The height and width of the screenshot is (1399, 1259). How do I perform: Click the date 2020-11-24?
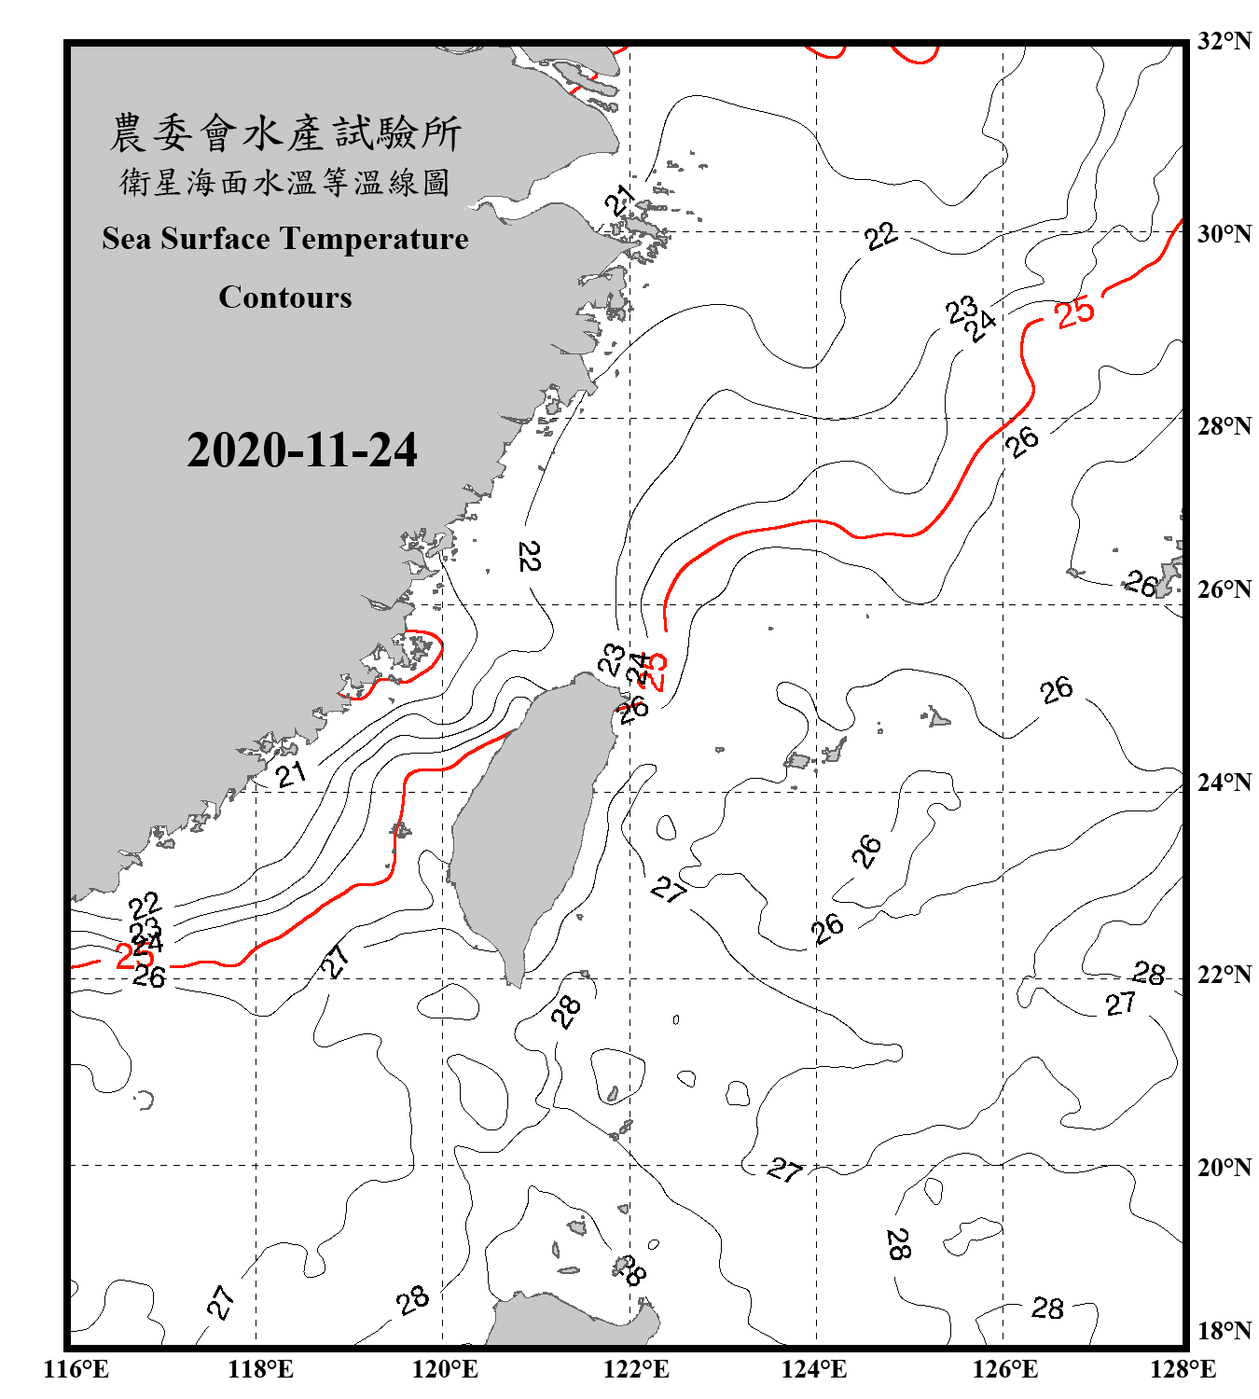point(301,450)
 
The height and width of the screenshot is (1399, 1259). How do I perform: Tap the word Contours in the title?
point(285,297)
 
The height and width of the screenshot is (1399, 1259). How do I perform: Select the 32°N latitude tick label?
point(1224,41)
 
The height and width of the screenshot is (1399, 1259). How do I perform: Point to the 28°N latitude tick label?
point(1224,426)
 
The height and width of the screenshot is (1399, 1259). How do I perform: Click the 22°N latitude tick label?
point(1224,975)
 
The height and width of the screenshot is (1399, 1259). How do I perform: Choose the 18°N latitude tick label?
point(1224,1331)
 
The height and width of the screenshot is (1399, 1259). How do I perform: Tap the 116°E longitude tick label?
point(76,1369)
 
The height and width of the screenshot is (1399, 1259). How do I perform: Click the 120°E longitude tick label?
point(445,1369)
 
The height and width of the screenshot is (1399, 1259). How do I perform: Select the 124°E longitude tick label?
point(814,1369)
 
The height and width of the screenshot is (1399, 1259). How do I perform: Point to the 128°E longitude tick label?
point(1183,1369)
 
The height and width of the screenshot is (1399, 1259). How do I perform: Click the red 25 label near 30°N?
point(1074,312)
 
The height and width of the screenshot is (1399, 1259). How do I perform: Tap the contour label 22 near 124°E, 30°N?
point(880,236)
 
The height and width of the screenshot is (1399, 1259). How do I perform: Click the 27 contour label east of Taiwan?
point(669,889)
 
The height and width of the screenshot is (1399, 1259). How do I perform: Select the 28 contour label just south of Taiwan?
point(566,1011)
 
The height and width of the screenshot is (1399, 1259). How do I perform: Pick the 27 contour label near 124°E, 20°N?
point(784,1169)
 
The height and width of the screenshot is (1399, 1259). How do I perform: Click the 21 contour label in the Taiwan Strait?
point(290,774)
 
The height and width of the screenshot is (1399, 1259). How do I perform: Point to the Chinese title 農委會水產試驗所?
point(285,133)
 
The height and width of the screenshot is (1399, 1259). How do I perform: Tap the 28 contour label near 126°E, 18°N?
point(1047,1309)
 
